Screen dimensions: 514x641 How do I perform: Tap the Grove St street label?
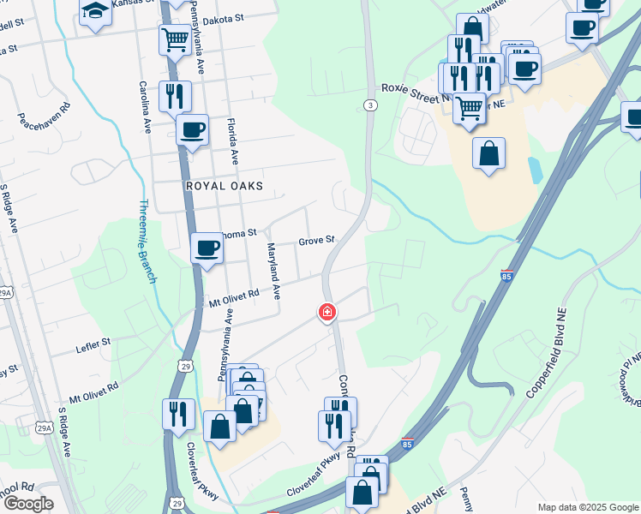[315, 242]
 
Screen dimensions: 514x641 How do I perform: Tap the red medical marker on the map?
[326, 313]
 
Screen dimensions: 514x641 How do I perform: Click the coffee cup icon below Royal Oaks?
[206, 248]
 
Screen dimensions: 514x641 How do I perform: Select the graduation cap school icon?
[96, 11]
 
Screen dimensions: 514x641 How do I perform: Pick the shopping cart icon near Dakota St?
[175, 39]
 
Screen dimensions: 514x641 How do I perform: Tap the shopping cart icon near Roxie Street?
[469, 108]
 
